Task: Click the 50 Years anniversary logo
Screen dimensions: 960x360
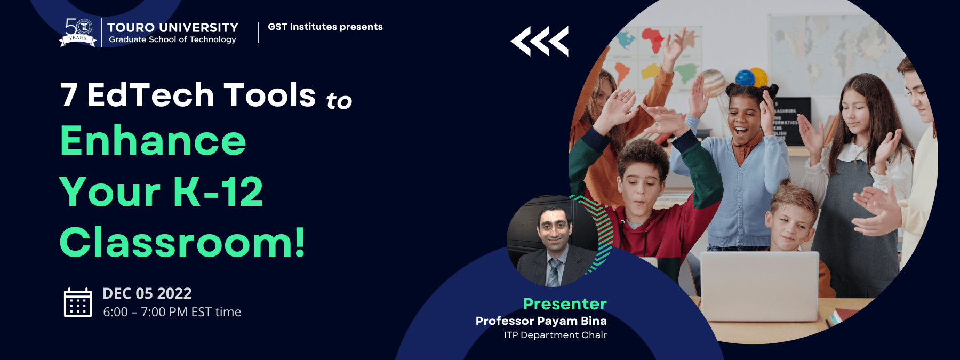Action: [78, 33]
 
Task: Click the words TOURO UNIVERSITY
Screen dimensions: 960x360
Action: [173, 27]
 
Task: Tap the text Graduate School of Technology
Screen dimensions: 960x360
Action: [172, 39]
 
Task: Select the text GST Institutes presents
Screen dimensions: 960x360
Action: [325, 27]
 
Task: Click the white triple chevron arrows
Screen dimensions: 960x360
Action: [540, 41]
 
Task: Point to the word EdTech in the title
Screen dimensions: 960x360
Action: [150, 95]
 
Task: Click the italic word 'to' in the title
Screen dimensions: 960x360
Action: [339, 100]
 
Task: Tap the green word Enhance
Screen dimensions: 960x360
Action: [153, 140]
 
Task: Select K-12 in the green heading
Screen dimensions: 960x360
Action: [218, 191]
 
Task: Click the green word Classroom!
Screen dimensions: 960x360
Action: [182, 242]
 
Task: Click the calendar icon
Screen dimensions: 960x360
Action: [78, 302]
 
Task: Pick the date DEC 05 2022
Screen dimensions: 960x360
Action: [147, 293]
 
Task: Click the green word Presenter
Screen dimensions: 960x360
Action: [565, 304]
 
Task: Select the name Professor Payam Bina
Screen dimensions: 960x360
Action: [541, 321]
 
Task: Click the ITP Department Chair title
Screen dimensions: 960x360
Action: [555, 335]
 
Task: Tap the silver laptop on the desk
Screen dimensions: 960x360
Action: [759, 285]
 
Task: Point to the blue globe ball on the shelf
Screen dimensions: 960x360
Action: [745, 78]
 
